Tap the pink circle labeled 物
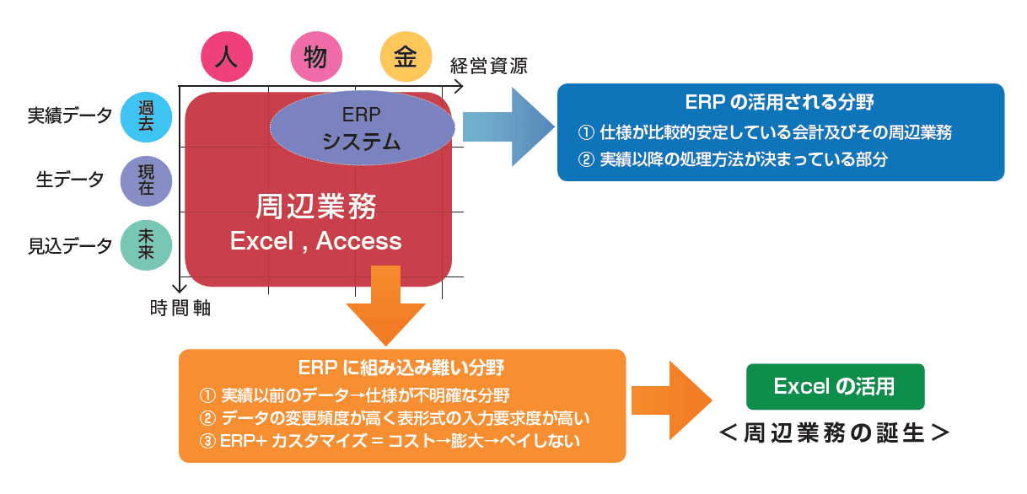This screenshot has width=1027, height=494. [x=316, y=56]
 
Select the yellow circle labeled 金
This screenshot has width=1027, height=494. [x=406, y=56]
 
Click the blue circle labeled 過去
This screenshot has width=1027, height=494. [x=146, y=115]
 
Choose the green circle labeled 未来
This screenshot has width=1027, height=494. [x=146, y=245]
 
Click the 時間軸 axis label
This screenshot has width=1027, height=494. [x=180, y=309]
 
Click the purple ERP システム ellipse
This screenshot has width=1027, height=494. [x=361, y=128]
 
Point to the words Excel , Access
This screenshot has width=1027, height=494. [x=316, y=241]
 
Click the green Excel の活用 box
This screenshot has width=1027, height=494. [x=835, y=387]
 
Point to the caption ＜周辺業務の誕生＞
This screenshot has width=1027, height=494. [x=834, y=433]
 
